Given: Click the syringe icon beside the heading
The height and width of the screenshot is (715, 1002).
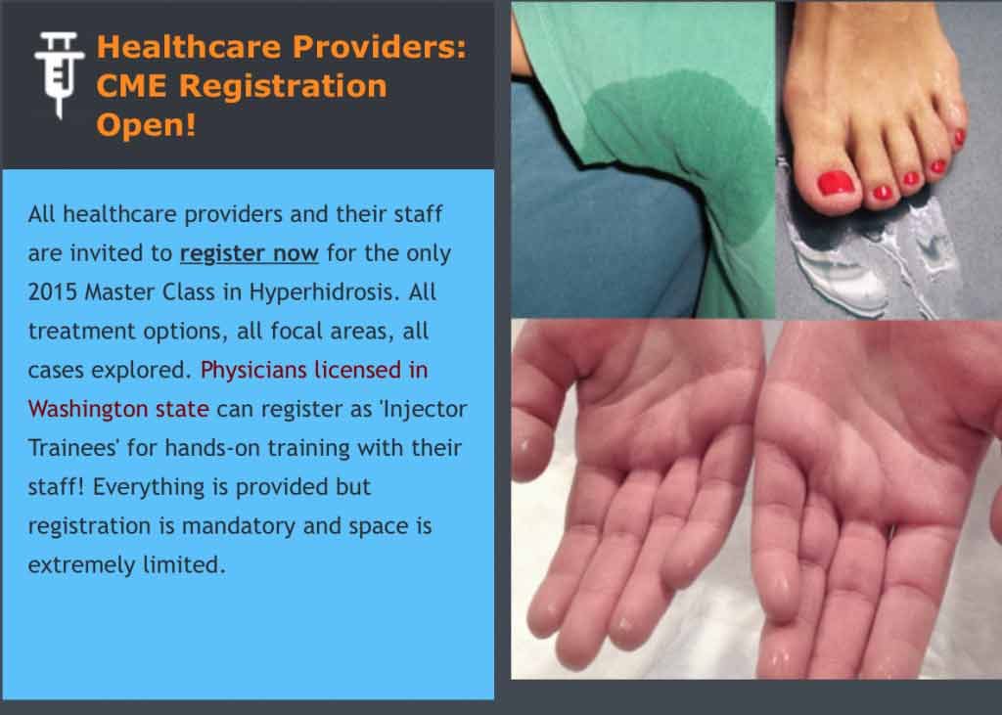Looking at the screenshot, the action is click(x=59, y=75).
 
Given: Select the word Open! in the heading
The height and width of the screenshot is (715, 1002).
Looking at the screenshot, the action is click(x=146, y=124).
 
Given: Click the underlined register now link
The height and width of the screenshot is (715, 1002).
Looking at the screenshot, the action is click(x=250, y=253).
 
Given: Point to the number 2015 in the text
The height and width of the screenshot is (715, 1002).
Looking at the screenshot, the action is click(x=53, y=292).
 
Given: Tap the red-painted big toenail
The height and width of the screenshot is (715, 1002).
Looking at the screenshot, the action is click(x=836, y=183).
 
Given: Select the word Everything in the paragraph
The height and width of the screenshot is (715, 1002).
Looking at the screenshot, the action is click(x=146, y=487).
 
